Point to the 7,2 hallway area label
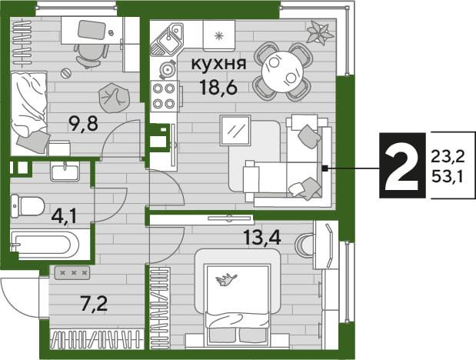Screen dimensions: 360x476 94,301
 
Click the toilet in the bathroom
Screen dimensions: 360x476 28,205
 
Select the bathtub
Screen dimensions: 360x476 44,245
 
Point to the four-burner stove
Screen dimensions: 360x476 164,95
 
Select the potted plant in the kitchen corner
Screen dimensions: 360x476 318,33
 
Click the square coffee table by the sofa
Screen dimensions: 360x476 235,129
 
